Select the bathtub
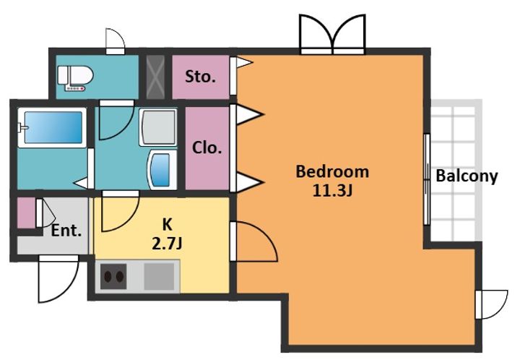point(53,127)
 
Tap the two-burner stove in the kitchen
point(113,276)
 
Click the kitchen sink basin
point(159,276)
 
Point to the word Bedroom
point(332,172)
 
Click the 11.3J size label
point(332,190)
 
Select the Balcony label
point(467,176)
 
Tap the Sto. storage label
point(200,77)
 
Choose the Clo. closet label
point(207,147)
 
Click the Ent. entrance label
point(66,231)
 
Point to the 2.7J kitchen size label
point(167,244)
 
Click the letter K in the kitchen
point(167,225)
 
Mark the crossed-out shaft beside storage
point(155,77)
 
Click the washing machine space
point(158,127)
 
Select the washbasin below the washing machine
point(162,170)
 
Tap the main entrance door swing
point(58,279)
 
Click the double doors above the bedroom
point(332,34)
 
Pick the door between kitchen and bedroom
point(254,241)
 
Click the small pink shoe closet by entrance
point(26,213)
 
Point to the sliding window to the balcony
point(427,179)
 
